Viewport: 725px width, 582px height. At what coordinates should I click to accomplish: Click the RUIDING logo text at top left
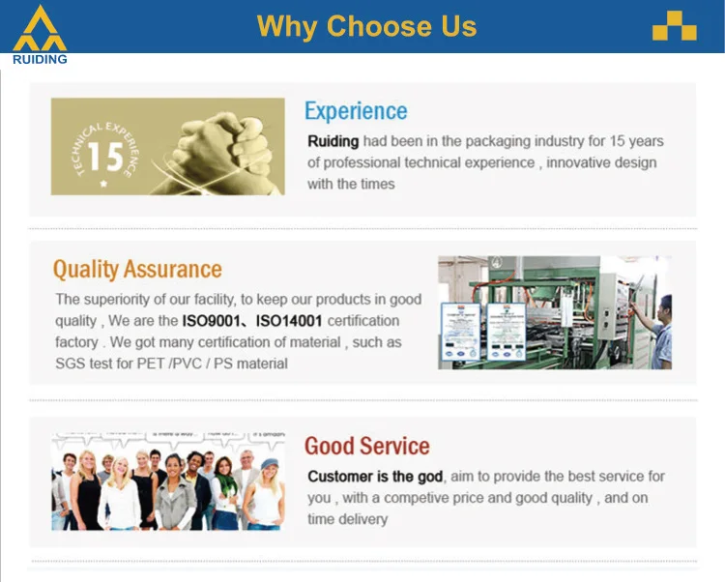40,59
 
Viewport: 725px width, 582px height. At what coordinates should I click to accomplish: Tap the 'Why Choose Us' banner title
366,26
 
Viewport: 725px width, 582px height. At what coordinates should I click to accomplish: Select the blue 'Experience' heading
356,111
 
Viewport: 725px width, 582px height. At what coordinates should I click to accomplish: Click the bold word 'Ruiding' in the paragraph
333,141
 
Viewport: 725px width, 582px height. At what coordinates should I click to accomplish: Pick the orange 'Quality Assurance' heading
137,270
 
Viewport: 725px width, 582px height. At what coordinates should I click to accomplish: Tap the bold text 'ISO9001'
214,321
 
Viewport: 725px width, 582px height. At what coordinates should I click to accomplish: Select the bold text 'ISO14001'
287,321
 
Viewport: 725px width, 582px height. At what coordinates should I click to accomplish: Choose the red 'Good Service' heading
366,446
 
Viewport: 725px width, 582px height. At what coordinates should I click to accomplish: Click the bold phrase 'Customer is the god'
375,476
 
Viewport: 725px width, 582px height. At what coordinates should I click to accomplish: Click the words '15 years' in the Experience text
634,141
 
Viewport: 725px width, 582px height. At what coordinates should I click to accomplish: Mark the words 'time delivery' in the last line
347,519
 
